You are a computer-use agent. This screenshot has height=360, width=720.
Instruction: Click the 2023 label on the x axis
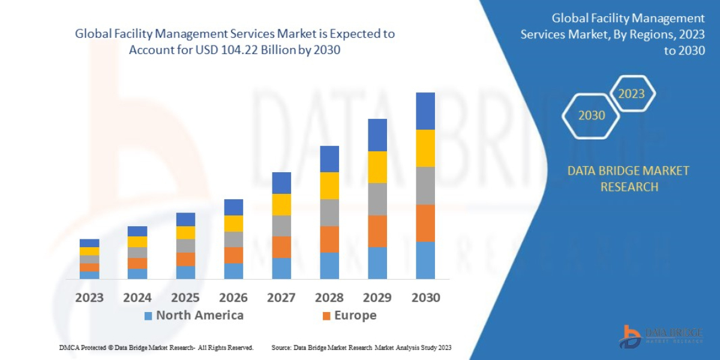pyautogui.click(x=89, y=297)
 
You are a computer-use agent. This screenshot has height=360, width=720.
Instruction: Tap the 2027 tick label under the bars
pyautogui.click(x=281, y=297)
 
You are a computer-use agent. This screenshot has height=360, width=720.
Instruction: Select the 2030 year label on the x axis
pyautogui.click(x=425, y=297)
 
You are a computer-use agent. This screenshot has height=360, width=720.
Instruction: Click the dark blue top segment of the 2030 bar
pyautogui.click(x=425, y=111)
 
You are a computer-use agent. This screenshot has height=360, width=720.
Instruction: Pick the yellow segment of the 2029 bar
pyautogui.click(x=377, y=167)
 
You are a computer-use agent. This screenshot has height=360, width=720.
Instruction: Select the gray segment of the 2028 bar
pyautogui.click(x=329, y=212)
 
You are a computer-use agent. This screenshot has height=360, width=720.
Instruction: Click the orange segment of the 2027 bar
pyautogui.click(x=281, y=247)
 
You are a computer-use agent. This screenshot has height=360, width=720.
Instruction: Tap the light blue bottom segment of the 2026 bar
pyautogui.click(x=233, y=271)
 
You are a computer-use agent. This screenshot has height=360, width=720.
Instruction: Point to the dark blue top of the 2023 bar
pyautogui.click(x=89, y=243)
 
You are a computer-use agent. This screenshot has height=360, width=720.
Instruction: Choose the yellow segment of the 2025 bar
pyautogui.click(x=185, y=233)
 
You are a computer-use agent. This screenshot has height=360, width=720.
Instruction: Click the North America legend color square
pyautogui.click(x=148, y=316)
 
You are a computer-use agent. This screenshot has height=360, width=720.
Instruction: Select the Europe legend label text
pyautogui.click(x=355, y=316)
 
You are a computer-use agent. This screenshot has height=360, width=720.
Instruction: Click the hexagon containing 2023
pyautogui.click(x=631, y=94)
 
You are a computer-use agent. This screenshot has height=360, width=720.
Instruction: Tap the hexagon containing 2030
pyautogui.click(x=591, y=115)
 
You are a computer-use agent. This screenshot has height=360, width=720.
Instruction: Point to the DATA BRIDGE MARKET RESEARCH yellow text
pyautogui.click(x=628, y=179)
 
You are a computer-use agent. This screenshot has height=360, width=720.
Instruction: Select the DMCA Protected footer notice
pyautogui.click(x=156, y=347)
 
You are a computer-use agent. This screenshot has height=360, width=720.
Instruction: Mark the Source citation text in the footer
pyautogui.click(x=361, y=347)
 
